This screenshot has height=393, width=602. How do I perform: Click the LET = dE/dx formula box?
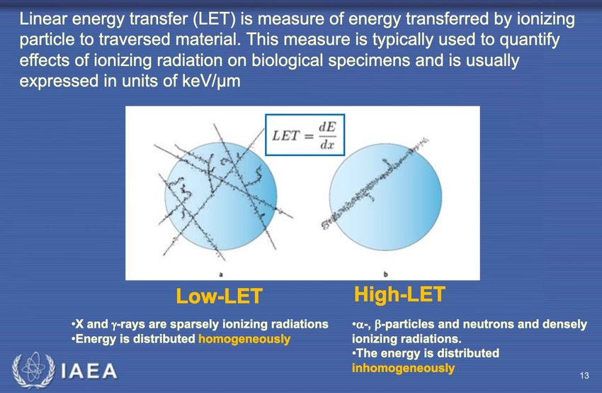tap(305, 135)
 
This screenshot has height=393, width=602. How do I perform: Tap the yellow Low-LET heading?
tap(219, 296)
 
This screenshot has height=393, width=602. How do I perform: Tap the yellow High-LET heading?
tap(399, 294)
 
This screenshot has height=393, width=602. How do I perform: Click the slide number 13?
tap(584, 375)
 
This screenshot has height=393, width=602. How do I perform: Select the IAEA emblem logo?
tap(33, 370)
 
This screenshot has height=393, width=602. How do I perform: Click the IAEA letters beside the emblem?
tap(89, 372)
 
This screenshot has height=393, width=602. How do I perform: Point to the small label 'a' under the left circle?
tap(221, 274)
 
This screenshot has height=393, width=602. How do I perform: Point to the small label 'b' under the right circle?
tap(385, 274)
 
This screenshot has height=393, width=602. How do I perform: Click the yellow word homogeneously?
tap(244, 339)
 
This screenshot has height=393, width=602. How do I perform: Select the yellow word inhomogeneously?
tap(403, 368)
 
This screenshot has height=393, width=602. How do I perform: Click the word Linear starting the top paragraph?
tap(44, 19)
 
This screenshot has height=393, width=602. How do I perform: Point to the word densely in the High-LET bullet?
tap(564, 325)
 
